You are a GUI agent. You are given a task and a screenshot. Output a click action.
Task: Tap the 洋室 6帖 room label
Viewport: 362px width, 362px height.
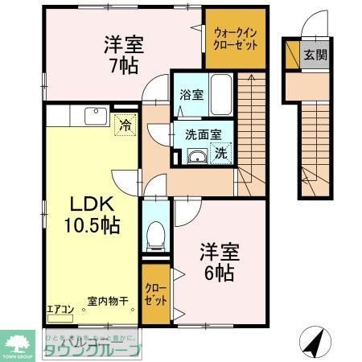coord(216,262)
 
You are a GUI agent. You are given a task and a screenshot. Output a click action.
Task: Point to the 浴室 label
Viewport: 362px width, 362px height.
coord(191,94)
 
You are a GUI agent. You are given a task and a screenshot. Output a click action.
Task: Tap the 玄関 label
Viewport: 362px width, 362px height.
coord(315,55)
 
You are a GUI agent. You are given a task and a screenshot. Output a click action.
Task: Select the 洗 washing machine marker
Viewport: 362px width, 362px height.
coord(220,152)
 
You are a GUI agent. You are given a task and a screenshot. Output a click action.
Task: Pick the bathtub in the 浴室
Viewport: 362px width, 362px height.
coord(221,95)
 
